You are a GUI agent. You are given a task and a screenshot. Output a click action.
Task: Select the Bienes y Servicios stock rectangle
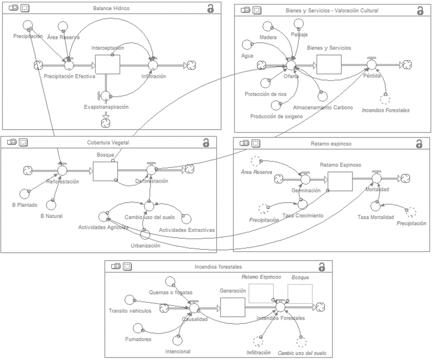(329, 64)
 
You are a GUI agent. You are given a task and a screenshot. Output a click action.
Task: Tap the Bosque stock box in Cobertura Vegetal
(105, 170)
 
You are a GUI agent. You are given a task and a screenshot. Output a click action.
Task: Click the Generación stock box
(233, 307)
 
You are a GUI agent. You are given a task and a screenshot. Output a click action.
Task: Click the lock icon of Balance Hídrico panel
(210, 8)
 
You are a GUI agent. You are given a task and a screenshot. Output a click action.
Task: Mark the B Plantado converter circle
(20, 193)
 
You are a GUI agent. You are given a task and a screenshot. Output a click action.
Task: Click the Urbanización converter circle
(145, 234)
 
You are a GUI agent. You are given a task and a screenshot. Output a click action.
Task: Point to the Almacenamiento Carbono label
(323, 107)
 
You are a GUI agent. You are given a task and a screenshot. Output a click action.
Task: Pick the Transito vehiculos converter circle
(129, 299)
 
